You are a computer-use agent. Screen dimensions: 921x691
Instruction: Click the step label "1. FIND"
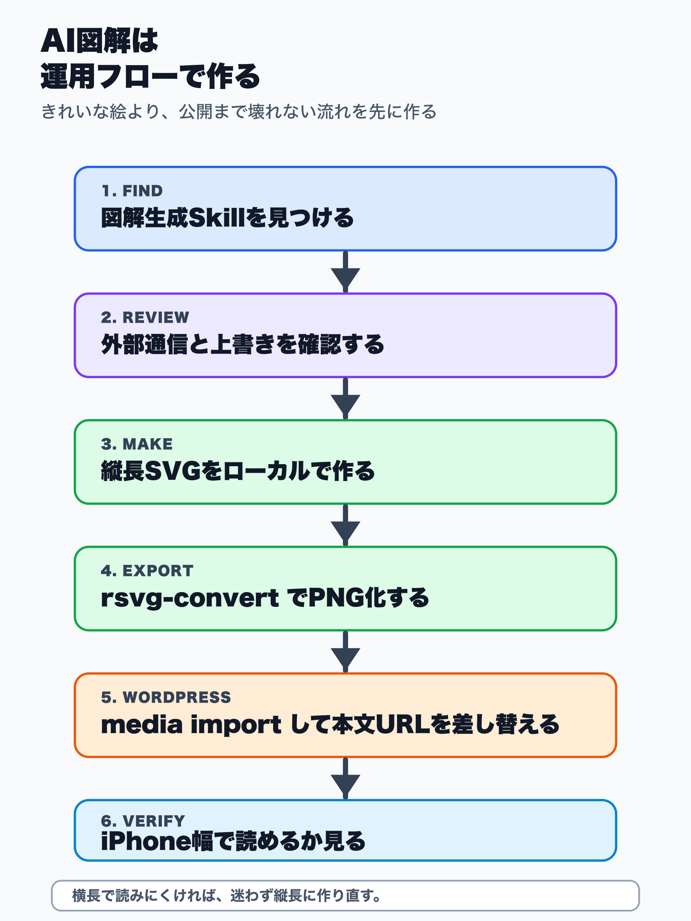132,191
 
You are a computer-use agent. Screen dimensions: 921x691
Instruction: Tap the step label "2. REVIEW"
145,318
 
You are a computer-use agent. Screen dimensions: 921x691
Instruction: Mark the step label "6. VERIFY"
143,821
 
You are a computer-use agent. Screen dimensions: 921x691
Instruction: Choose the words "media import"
191,725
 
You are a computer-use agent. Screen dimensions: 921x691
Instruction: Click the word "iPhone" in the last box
146,841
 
